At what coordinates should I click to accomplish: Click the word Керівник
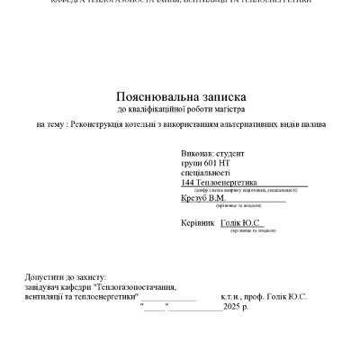click(x=198, y=221)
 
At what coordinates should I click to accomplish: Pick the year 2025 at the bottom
click(x=232, y=306)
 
